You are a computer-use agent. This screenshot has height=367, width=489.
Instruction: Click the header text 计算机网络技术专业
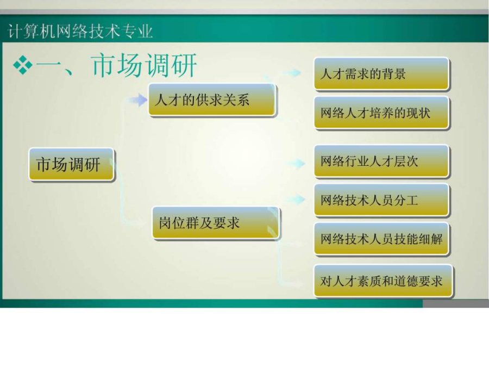pos(80,31)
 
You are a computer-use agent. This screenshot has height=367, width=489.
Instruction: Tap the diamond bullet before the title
pos(23,65)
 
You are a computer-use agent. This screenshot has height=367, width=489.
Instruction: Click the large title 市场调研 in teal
pos(144,65)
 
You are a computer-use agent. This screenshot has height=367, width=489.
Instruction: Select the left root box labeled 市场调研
pos(71,164)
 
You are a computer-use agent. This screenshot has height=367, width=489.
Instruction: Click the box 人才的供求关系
pos(212,100)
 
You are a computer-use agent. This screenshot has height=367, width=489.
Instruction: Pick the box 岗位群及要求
pos(216,223)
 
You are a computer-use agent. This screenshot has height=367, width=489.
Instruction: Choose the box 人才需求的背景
pos(381,73)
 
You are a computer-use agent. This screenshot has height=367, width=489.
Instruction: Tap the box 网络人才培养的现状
pos(381,113)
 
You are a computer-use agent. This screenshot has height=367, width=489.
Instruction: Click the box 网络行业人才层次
pos(381,161)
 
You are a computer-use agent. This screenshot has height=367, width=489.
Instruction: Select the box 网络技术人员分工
pos(381,200)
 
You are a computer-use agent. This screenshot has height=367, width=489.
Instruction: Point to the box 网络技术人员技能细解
pos(381,239)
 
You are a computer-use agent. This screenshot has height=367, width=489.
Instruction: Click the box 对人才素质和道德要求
pos(383,281)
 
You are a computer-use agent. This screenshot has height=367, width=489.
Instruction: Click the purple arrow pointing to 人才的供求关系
pos(137,100)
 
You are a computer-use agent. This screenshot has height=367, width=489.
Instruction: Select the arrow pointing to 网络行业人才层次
pos(296,163)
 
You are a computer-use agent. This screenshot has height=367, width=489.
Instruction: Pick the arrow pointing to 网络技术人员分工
pos(296,199)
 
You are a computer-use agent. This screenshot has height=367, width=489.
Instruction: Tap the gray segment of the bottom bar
pos(456,303)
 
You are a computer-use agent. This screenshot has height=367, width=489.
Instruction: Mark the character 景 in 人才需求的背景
pos(400,74)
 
